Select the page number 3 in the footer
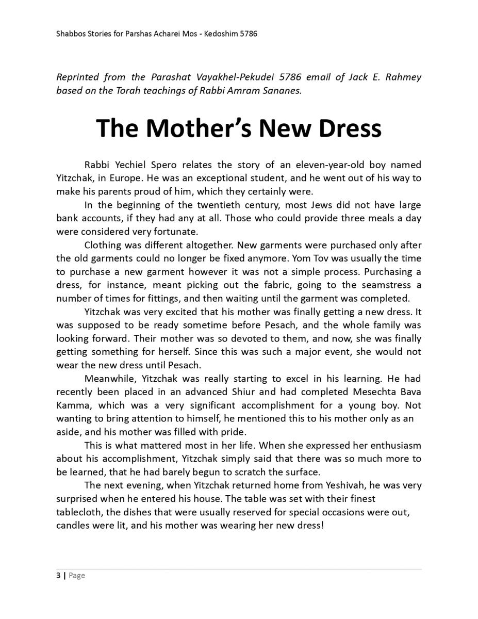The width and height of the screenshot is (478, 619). [x=58, y=575]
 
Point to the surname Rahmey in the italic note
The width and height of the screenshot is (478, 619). [x=402, y=77]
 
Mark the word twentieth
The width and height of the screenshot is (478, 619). [x=205, y=205]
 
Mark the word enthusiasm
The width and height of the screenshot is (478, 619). [x=394, y=445]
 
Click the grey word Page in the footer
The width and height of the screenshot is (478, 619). [x=77, y=575]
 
